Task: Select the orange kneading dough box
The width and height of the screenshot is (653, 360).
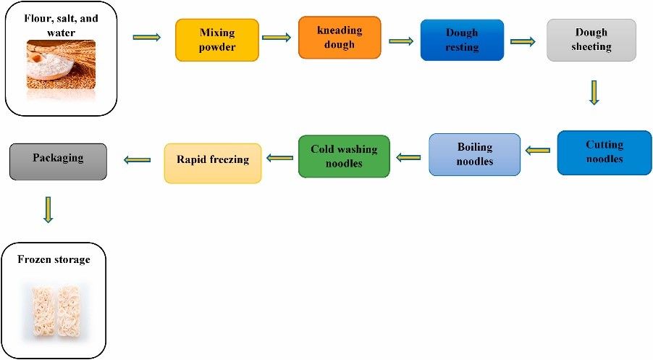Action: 340,38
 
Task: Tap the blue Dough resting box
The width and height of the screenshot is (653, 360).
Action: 462,40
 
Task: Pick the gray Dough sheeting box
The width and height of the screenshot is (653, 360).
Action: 591,40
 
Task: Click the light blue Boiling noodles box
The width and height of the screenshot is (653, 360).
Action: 474,154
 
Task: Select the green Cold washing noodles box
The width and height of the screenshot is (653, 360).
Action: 344,156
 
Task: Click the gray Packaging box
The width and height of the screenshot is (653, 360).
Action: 58,161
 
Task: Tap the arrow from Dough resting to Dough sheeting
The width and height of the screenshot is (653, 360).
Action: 523,41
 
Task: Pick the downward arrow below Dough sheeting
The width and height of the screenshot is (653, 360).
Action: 594,92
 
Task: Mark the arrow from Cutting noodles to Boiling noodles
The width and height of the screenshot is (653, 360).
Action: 538,151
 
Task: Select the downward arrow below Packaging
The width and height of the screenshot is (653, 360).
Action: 48,209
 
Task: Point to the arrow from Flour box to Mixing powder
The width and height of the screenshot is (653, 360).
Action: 147,37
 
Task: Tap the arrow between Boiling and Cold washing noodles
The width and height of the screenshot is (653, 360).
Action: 408,156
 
